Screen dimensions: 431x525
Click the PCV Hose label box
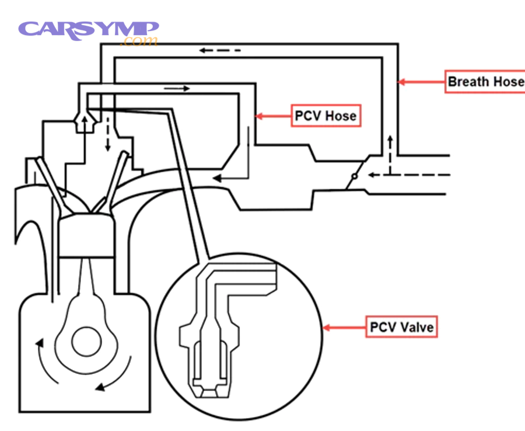point(325,116)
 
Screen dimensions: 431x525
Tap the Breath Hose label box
point(484,82)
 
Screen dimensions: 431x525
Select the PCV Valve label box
point(401,326)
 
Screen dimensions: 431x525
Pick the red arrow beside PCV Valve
point(344,327)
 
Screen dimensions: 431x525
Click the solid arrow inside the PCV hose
point(177,89)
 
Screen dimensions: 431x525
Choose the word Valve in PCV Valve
point(416,326)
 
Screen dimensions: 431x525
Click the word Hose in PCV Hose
point(341,116)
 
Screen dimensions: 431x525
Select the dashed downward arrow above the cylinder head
point(107,138)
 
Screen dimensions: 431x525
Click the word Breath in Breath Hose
point(468,82)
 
